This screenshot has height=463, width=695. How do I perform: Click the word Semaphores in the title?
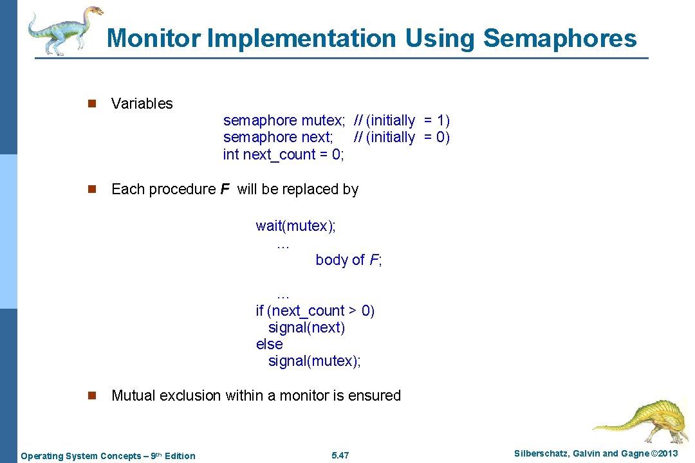(x=559, y=39)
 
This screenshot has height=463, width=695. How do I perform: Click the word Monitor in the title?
(x=154, y=39)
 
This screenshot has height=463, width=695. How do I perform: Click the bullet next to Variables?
(x=92, y=104)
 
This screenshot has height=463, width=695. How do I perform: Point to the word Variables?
(x=142, y=104)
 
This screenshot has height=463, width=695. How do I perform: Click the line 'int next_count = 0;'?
(x=284, y=154)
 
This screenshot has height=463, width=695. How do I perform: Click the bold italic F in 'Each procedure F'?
(x=225, y=189)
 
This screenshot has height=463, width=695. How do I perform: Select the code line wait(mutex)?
(x=296, y=226)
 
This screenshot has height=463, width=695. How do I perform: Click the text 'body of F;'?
(x=349, y=260)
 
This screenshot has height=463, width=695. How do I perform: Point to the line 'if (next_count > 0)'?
(x=315, y=311)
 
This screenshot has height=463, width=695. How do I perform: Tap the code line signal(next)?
(x=306, y=327)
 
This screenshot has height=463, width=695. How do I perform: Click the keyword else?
(x=269, y=344)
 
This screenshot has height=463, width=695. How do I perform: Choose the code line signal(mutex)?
(x=315, y=361)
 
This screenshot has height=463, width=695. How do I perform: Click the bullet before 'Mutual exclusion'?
(x=92, y=395)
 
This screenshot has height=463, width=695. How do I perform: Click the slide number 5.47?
(x=340, y=456)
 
